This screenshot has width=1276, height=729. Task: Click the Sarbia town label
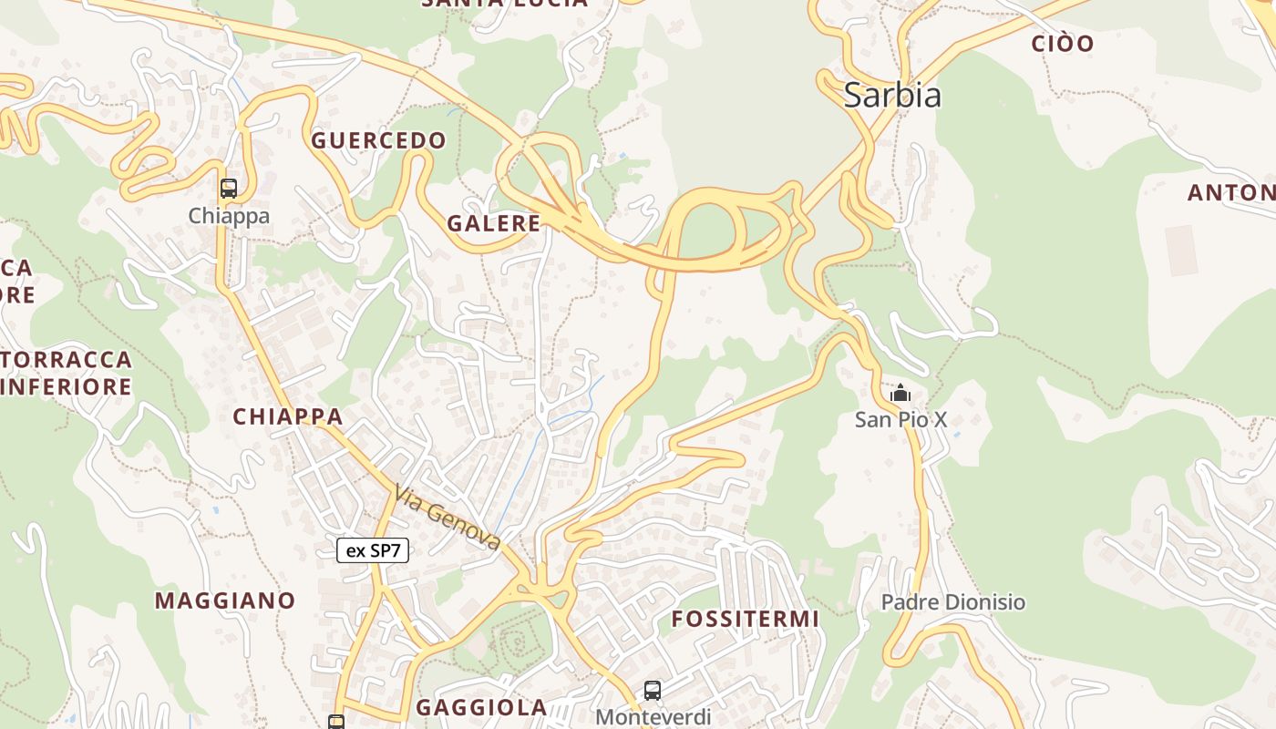coord(891,95)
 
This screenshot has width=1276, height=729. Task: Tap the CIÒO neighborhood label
coord(1062,43)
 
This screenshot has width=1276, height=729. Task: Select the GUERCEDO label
coord(378,140)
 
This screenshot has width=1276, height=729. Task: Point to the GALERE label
coord(493,223)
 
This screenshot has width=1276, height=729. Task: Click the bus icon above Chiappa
coord(228,189)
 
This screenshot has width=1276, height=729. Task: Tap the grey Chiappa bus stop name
coord(229,216)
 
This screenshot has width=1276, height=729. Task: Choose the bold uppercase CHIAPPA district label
coord(287,416)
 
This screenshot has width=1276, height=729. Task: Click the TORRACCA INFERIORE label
coord(66,373)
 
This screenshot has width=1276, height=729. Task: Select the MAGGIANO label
coord(224,601)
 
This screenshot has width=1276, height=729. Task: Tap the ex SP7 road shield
coord(373,550)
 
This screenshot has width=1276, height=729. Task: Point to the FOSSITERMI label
coord(746,619)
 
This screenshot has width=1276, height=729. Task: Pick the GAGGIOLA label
coord(481,707)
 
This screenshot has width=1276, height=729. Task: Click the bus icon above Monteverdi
coord(652,691)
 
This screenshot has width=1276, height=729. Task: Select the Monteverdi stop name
coord(653,717)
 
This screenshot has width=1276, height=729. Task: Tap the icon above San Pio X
coord(900,394)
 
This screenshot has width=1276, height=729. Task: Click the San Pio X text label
coord(900,419)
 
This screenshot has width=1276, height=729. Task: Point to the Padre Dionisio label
coord(952,602)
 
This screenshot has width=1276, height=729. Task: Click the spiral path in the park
coord(517,643)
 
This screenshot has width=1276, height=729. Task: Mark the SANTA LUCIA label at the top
coord(504,3)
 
